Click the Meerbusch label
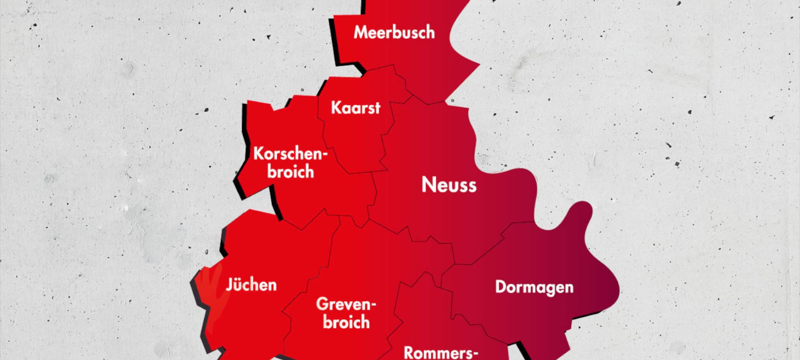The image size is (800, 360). click(394, 32)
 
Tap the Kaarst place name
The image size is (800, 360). click(355, 108)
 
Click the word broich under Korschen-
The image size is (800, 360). click(290, 172)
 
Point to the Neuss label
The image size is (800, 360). click(449, 185)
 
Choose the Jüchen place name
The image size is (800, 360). click(251, 285)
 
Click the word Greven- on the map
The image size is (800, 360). click(346, 304)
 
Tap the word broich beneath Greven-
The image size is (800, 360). click(346, 322)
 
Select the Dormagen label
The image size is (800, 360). click(534, 287)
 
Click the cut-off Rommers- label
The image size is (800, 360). click(441, 353)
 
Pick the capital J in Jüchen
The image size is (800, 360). click(229, 285)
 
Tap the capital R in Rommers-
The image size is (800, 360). click(409, 353)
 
